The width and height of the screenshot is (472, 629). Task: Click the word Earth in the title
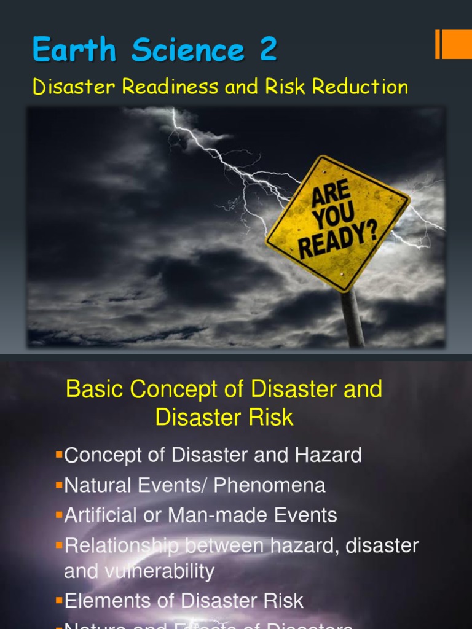(74, 50)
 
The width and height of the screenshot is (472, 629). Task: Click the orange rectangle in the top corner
(455, 44)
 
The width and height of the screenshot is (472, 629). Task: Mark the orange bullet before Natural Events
(60, 485)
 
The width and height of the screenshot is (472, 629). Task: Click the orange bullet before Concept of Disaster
(60, 455)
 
